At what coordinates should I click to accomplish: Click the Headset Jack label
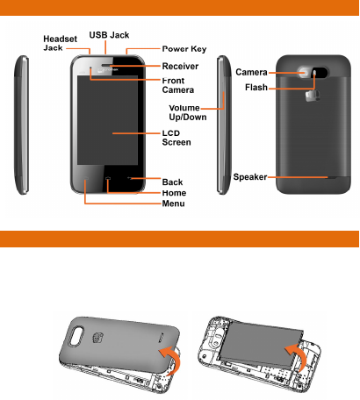coord(60,43)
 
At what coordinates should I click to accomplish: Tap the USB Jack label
coord(109,35)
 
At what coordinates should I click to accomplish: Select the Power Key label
coord(184,49)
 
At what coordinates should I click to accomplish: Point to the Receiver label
coord(180,66)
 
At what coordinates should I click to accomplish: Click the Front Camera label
coord(178,85)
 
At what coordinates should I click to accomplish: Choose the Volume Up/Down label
coord(188,112)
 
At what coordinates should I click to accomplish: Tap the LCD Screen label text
coord(176,138)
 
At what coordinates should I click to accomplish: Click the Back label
coord(172,182)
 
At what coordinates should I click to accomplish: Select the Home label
coord(174,193)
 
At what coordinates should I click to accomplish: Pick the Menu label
coord(173,204)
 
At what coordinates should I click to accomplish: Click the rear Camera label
coord(251,72)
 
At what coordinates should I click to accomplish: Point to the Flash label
coord(256,87)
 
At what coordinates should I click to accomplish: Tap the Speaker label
coord(250,177)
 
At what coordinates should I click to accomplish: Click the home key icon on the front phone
coord(108,178)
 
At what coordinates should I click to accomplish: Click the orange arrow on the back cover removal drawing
coord(173,359)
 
